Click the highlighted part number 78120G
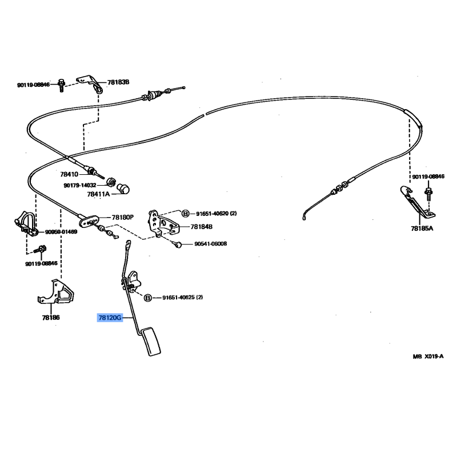110,318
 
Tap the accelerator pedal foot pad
151,342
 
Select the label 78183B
118,82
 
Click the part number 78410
69,174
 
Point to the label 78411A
98,194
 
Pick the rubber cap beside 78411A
123,189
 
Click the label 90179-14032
80,185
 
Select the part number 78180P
123,218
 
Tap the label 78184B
202,227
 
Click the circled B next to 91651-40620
185,214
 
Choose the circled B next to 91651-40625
148,298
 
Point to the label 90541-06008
210,244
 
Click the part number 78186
51,318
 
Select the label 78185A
422,228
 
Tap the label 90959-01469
61,232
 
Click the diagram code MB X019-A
428,356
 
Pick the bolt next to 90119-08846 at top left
61,85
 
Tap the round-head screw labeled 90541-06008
178,244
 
